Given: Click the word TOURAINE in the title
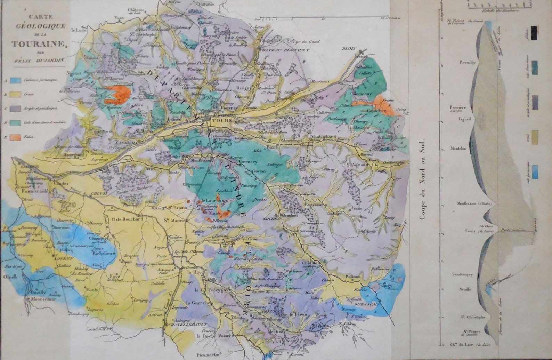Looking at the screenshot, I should click(x=39, y=44).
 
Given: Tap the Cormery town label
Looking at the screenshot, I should click(x=248, y=162).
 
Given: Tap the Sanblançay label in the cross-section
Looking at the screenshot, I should click(x=462, y=274).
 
